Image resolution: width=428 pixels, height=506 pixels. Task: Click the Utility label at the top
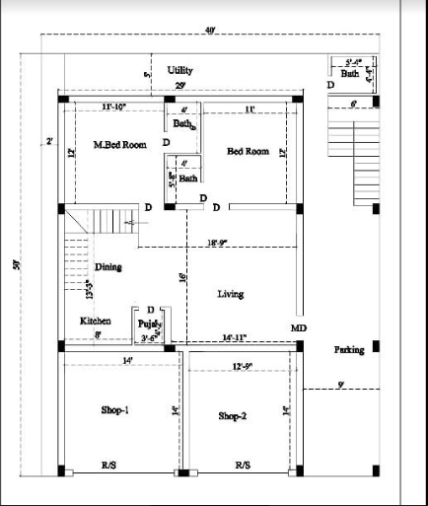[179, 71]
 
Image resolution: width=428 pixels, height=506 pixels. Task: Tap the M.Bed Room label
[119, 145]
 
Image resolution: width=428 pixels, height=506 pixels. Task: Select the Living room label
[230, 294]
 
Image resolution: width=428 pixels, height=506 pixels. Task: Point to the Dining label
[108, 267]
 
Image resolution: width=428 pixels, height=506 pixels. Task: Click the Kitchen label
[96, 322]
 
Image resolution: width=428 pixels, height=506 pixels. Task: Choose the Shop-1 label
[114, 409]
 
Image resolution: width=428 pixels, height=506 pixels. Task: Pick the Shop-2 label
[233, 416]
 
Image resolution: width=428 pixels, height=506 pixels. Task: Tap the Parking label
[349, 350]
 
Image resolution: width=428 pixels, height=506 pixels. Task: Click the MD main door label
[299, 327]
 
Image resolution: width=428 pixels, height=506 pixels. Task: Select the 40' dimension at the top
[211, 32]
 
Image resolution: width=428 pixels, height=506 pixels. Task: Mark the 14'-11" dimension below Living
[235, 337]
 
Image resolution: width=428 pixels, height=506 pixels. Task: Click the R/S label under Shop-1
[107, 465]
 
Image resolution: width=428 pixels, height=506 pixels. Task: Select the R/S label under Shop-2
[243, 465]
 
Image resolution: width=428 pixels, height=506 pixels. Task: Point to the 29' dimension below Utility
[180, 87]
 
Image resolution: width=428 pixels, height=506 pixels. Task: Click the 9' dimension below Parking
[340, 384]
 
